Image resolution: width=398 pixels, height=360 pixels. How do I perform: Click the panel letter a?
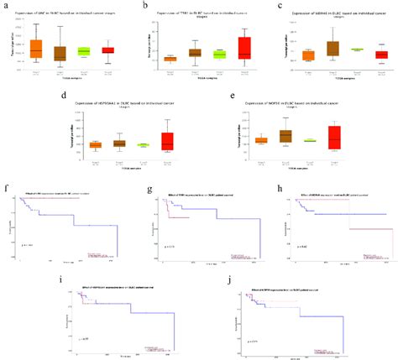5,6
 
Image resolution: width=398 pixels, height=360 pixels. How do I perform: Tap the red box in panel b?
244,48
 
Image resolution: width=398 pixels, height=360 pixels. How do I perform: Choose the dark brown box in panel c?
333,48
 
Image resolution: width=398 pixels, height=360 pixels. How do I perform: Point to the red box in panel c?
381,55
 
